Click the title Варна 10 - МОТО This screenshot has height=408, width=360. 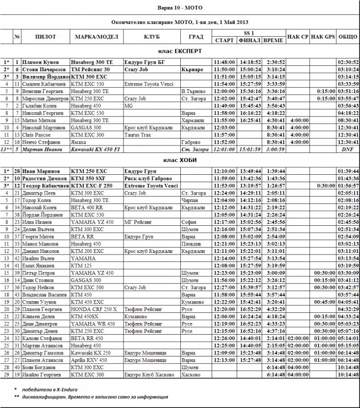coord(180,7)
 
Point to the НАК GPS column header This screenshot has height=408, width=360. coord(323,37)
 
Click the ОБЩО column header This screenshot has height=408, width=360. coord(348,37)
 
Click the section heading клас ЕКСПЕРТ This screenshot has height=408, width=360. coord(180,51)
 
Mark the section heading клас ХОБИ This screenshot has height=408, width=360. coord(180,159)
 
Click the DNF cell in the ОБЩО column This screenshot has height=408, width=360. coord(348,149)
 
